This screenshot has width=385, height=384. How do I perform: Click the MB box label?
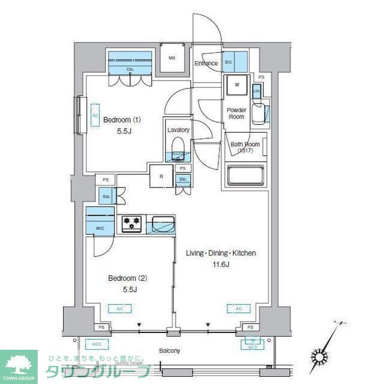pyautogui.click(x=171, y=58)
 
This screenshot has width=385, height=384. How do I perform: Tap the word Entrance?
pyautogui.click(x=206, y=63)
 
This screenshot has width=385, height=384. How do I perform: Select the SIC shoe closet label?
pyautogui.click(x=229, y=62)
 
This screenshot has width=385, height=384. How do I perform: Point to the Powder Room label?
pyautogui.click(x=236, y=113)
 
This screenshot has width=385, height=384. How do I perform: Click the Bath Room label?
pyautogui.click(x=245, y=147)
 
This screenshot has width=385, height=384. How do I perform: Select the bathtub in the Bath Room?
pyautogui.click(x=245, y=176)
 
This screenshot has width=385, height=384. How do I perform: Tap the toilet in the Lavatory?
pyautogui.click(x=178, y=148)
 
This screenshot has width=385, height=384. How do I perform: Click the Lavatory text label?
pyautogui.click(x=179, y=130)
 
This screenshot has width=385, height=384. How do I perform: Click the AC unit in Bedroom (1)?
pyautogui.click(x=95, y=115)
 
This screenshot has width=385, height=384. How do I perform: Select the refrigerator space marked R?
pyautogui.click(x=162, y=177)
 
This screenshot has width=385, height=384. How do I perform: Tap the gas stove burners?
pyautogui.click(x=132, y=224)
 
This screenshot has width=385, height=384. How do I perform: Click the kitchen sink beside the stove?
pyautogui.click(x=162, y=225)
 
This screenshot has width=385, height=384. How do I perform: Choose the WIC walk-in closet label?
pyautogui.click(x=100, y=228)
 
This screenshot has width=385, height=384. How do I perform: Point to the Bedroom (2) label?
pyautogui.click(x=128, y=278)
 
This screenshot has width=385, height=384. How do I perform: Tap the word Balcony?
pyautogui.click(x=169, y=351)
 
